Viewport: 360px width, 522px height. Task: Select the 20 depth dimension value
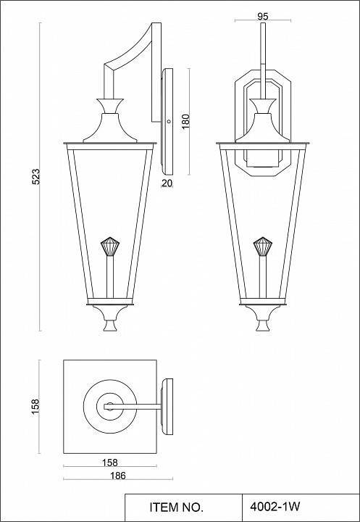167,183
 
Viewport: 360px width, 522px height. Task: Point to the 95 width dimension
263,15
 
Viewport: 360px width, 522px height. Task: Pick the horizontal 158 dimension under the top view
110,462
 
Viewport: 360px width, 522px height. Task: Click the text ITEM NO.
177,506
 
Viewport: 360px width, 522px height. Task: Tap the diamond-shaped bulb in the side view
109,246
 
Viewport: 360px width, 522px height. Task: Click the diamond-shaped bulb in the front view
263,246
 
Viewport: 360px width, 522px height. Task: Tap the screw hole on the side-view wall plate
168,122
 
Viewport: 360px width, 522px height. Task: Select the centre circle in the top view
109,406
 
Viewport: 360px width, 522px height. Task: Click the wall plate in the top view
168,406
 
